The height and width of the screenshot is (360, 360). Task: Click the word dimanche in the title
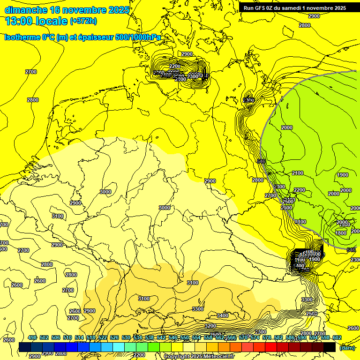point(26,10)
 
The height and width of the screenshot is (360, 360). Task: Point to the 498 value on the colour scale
point(32,338)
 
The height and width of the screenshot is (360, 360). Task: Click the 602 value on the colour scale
point(337,338)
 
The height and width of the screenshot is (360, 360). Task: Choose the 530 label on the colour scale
point(126,338)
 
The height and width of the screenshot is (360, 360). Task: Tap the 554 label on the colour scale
point(196,338)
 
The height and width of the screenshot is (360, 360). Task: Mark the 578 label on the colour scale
point(267,338)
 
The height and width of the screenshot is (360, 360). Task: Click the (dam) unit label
point(346,348)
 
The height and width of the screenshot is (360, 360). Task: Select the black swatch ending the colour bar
point(329,347)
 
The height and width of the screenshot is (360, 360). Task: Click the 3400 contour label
point(223,315)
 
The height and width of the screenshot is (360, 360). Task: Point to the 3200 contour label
point(210,326)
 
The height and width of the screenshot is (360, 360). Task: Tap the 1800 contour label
point(341,233)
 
